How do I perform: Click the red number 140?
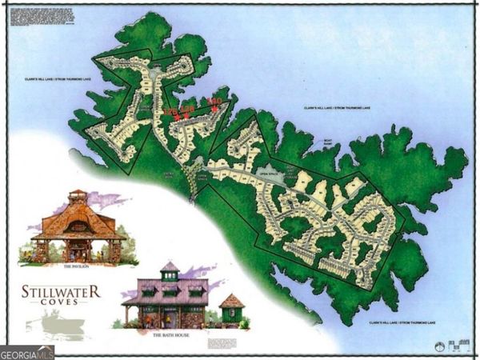[214, 101]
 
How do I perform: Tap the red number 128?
[188, 109]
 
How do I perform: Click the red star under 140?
[214, 108]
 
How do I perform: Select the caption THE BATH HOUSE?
[170, 336]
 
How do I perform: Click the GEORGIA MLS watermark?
[26, 350]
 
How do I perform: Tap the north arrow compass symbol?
[438, 346]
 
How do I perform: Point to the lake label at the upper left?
[47, 82]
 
